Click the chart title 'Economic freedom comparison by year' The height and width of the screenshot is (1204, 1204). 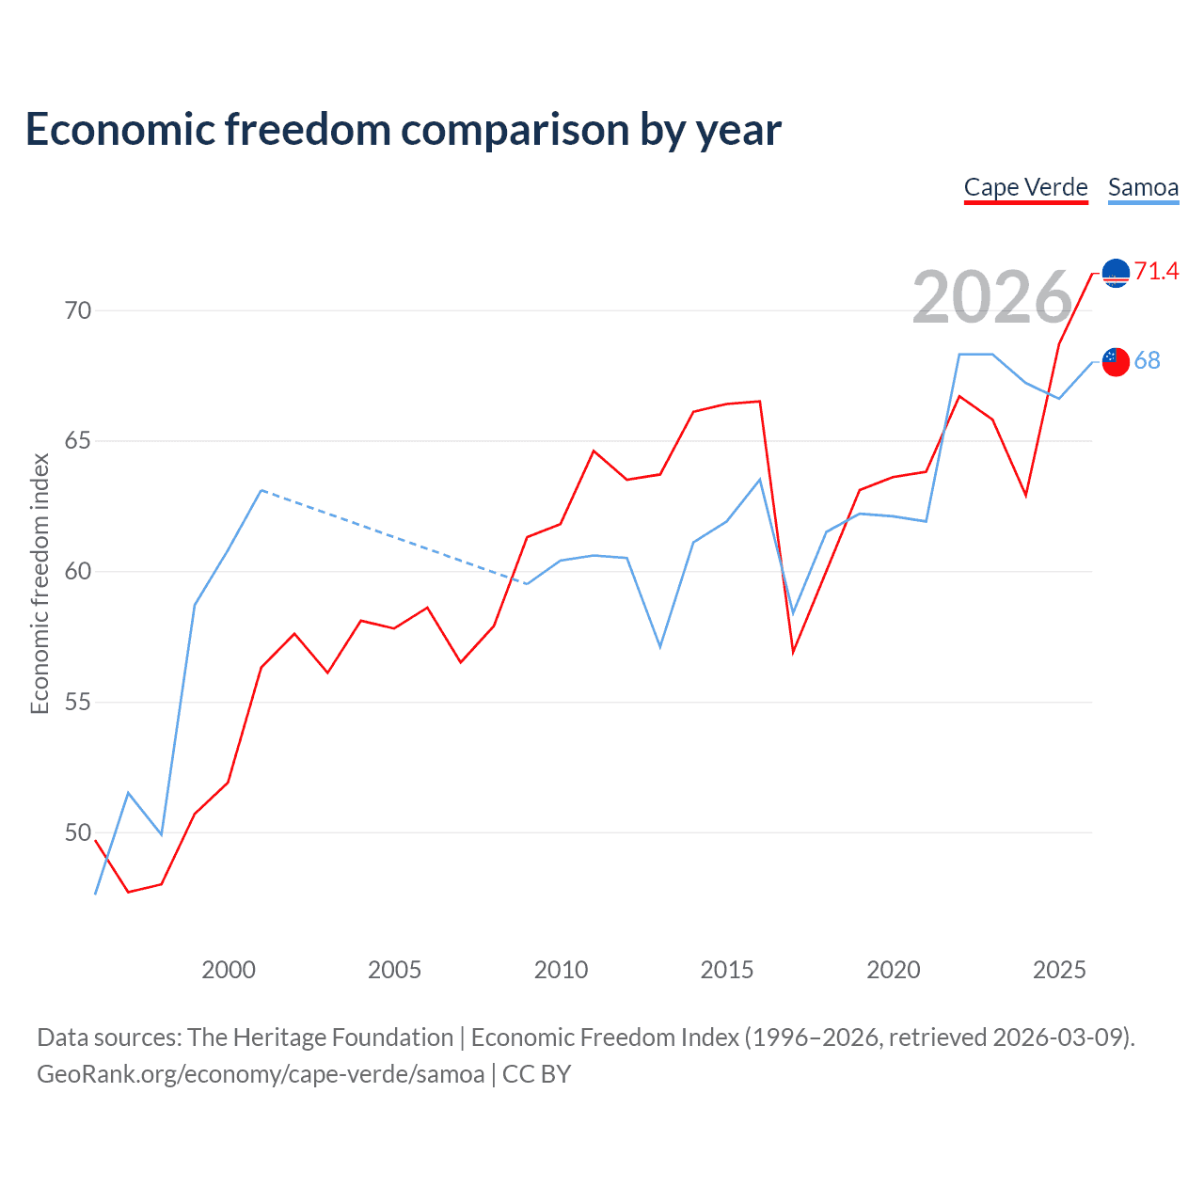pyautogui.click(x=404, y=130)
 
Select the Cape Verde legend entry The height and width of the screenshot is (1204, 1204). pyautogui.click(x=1025, y=187)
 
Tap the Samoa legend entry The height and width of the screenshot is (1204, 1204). pyautogui.click(x=1143, y=187)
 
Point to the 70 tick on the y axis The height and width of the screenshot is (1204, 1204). pyautogui.click(x=78, y=310)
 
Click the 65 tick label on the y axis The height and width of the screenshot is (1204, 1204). pyautogui.click(x=78, y=441)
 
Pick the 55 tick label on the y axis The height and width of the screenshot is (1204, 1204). pyautogui.click(x=78, y=703)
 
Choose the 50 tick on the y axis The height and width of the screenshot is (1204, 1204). pyautogui.click(x=78, y=833)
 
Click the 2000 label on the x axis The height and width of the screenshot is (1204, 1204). pyautogui.click(x=229, y=970)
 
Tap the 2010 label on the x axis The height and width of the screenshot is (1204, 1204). pyautogui.click(x=561, y=970)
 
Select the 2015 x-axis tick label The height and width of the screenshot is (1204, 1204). pyautogui.click(x=727, y=970)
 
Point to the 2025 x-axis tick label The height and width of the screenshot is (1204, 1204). pyautogui.click(x=1059, y=970)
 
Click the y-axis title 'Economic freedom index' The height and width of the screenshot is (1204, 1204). pyautogui.click(x=40, y=583)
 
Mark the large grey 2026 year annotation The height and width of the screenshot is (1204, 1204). pyautogui.click(x=992, y=297)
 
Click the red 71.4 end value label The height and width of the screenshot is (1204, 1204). pyautogui.click(x=1156, y=272)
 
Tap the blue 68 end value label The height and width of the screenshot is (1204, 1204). pyautogui.click(x=1147, y=361)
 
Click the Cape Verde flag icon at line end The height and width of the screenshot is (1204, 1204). pyautogui.click(x=1116, y=273)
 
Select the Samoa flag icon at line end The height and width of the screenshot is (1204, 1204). pyautogui.click(x=1116, y=361)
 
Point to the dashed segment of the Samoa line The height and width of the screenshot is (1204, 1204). pyautogui.click(x=395, y=537)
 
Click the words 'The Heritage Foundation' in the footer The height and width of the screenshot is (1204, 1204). pyautogui.click(x=320, y=1038)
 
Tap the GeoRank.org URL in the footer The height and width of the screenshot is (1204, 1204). pyautogui.click(x=261, y=1074)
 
